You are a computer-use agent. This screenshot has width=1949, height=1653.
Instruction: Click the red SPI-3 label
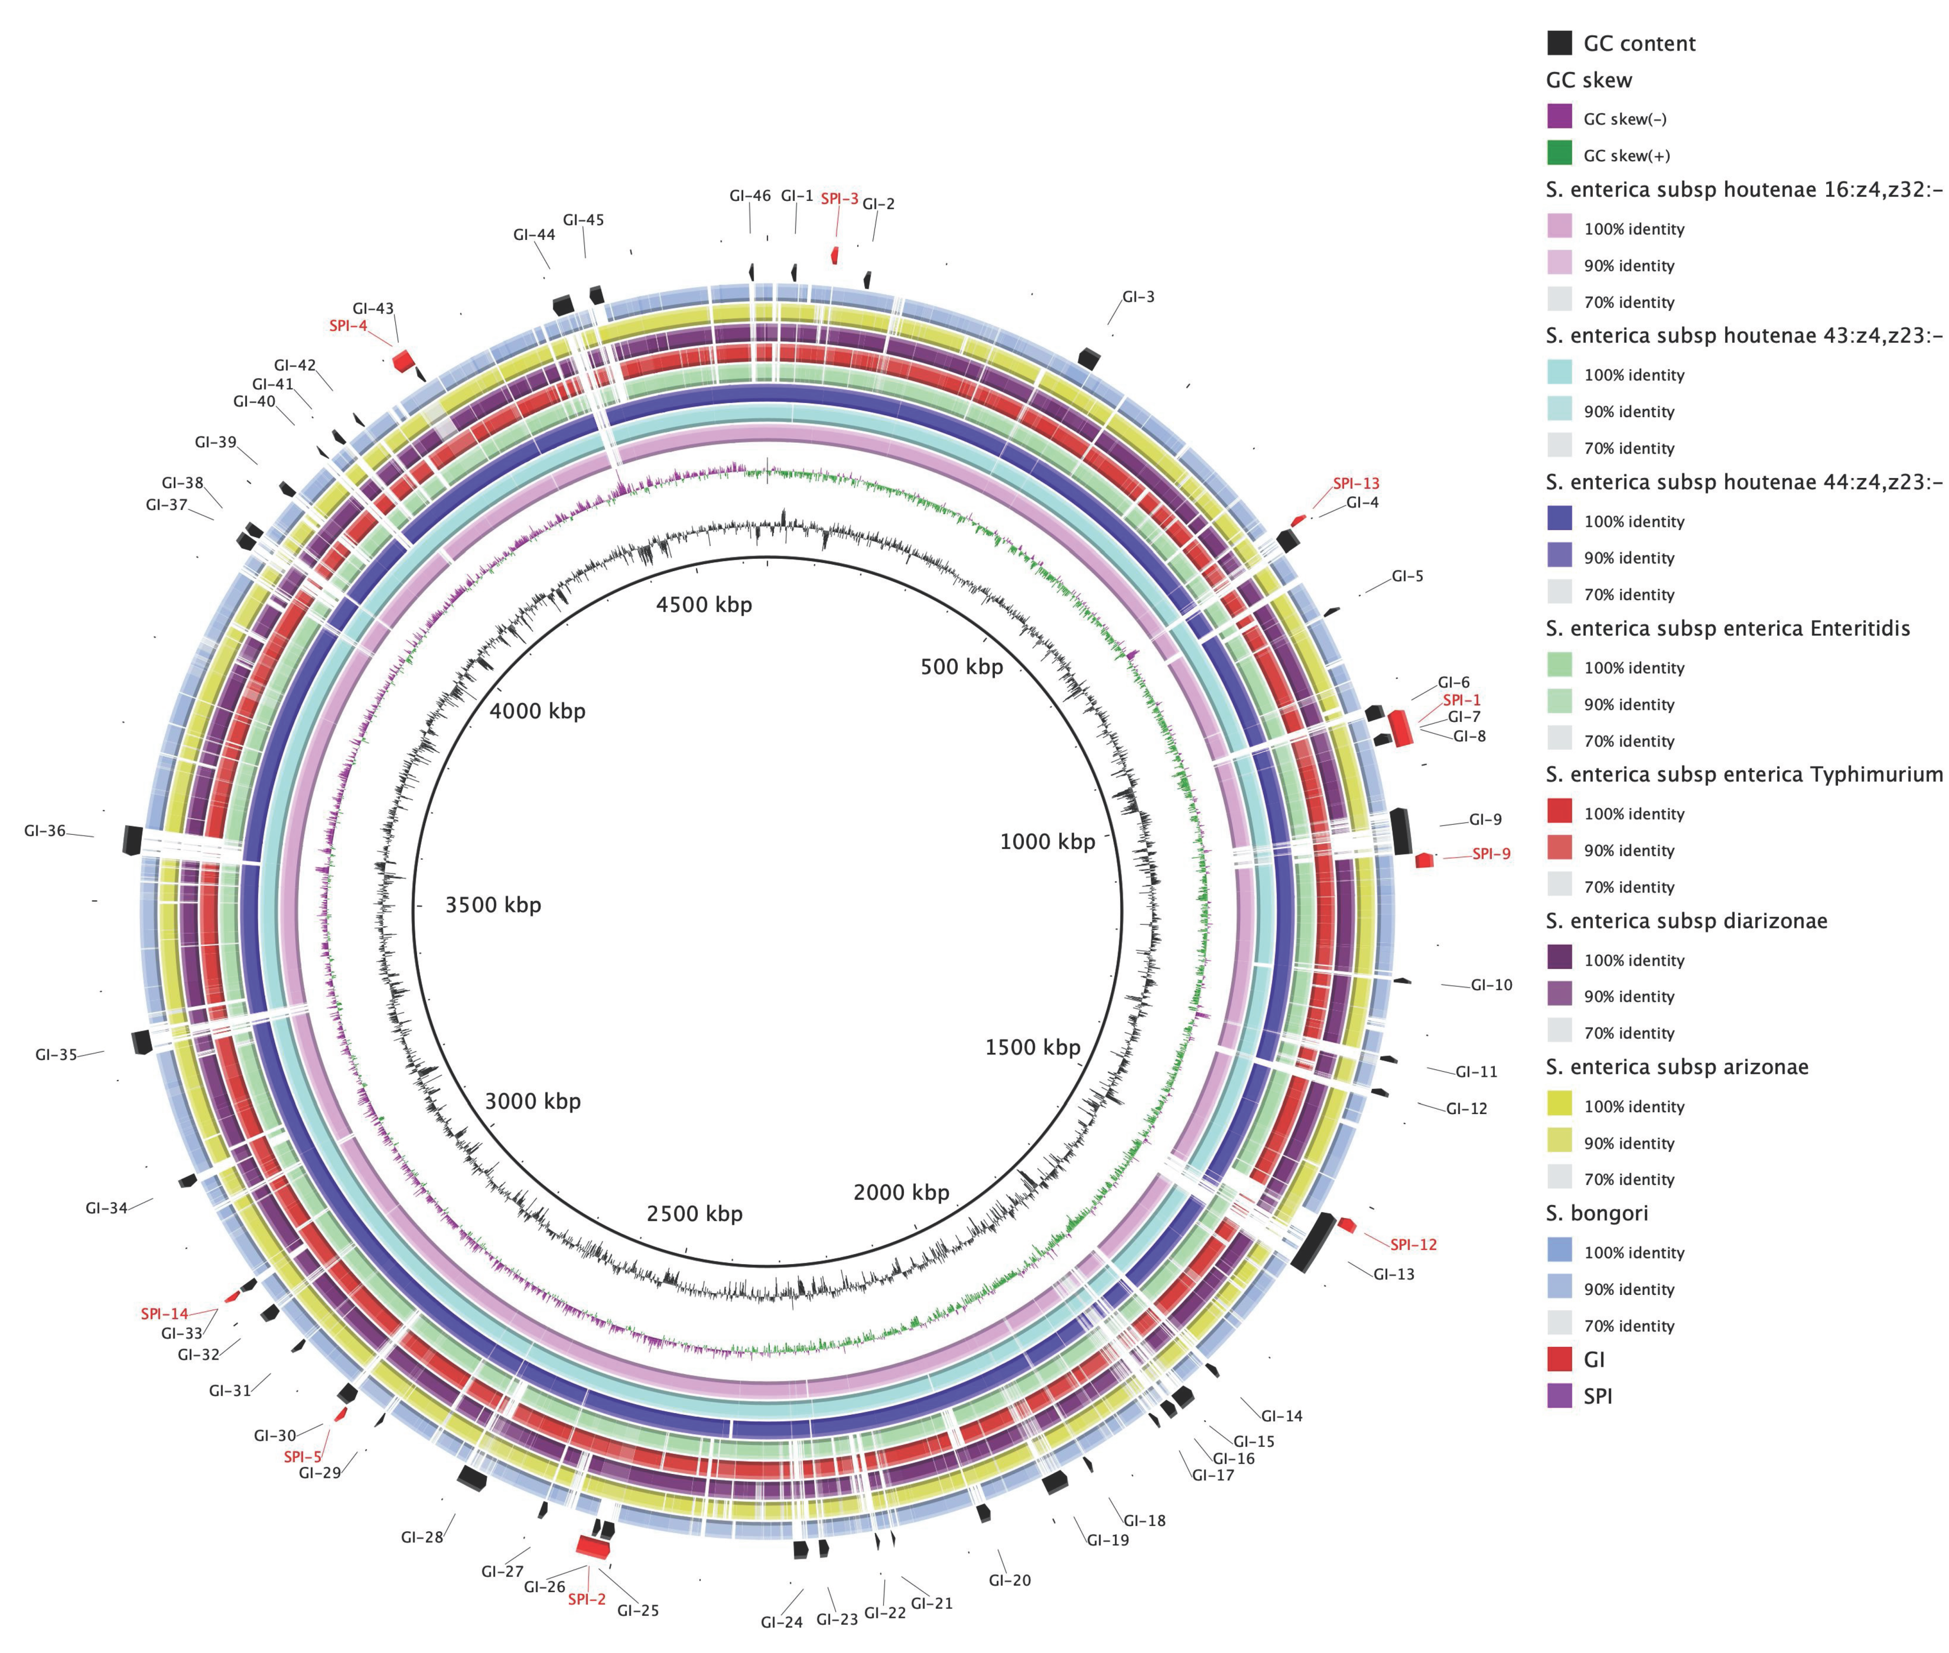click(x=839, y=199)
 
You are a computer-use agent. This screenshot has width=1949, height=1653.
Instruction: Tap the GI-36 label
click(x=45, y=830)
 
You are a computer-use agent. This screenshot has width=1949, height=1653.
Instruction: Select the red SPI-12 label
click(x=1413, y=1244)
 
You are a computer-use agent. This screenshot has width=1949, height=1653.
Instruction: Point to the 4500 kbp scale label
click(x=704, y=604)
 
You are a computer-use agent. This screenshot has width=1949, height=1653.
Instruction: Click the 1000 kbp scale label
click(x=1047, y=841)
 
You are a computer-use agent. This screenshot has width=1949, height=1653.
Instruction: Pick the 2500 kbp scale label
click(x=694, y=1213)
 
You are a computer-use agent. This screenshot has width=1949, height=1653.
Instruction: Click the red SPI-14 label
click(x=164, y=1314)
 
